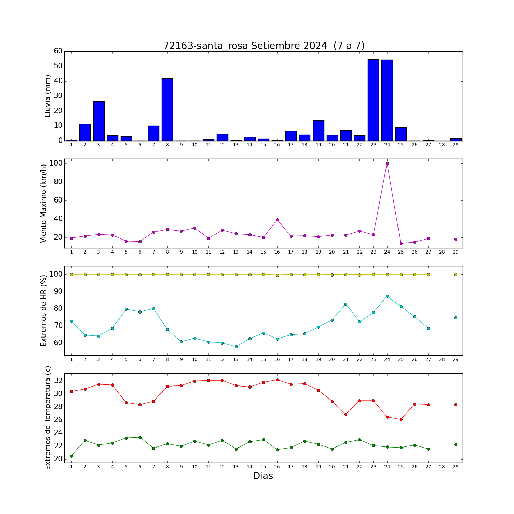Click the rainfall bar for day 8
[x=167, y=110]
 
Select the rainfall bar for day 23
[x=373, y=100]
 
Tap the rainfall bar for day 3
[x=99, y=121]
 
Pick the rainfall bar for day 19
[x=318, y=131]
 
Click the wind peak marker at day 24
[x=387, y=163]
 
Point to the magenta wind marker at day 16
[x=277, y=220]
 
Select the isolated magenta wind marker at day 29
[x=456, y=239]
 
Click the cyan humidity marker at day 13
[x=236, y=347]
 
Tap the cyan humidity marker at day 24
[x=387, y=296]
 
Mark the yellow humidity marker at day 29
[x=456, y=274]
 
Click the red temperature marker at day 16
[x=277, y=380]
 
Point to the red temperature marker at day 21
[x=346, y=414]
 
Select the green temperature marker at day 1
[x=71, y=456]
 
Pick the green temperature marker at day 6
[x=140, y=437]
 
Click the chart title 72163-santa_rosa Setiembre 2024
[x=245, y=46]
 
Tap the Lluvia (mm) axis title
[x=48, y=96]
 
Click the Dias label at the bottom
[x=263, y=476]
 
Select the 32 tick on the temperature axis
[x=59, y=381]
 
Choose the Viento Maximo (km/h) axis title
[x=44, y=204]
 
